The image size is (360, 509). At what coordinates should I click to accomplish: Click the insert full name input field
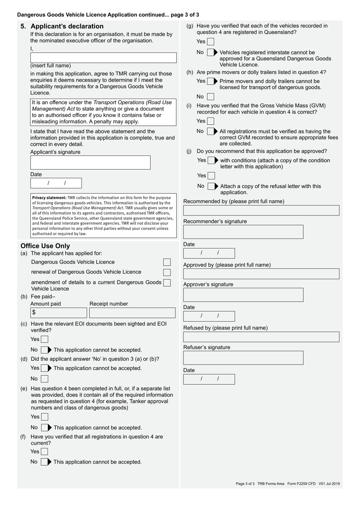coord(103,58)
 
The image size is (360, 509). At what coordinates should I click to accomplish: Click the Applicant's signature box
coord(90,162)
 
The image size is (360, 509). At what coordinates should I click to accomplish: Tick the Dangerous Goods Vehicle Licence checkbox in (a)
coord(167,262)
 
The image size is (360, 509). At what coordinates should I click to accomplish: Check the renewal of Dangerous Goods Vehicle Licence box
coord(167,272)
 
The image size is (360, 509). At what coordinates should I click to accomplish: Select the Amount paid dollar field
coord(59,313)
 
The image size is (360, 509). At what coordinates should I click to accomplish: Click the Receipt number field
coord(132,313)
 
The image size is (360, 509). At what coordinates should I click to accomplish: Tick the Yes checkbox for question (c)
coord(45,339)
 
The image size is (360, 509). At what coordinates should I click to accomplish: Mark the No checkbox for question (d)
coord(45,379)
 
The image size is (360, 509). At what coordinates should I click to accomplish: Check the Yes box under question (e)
coord(45,417)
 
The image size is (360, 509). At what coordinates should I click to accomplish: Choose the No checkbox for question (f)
coord(44,462)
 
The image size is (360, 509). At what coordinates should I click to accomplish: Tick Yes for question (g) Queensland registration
coord(211,42)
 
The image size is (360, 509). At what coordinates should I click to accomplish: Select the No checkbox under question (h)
coord(211,97)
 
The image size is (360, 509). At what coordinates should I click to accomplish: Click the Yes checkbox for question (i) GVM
coord(211,121)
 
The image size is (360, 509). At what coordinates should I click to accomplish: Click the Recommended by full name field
coord(261,211)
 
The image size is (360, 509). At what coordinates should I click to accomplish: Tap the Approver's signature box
coord(243,295)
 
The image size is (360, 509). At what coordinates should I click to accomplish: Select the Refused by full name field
coord(261,337)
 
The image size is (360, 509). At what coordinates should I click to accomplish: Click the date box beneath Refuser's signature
coord(209,379)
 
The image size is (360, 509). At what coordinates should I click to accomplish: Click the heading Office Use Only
coord(45,246)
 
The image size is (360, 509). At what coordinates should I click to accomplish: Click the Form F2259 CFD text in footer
coord(301,484)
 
